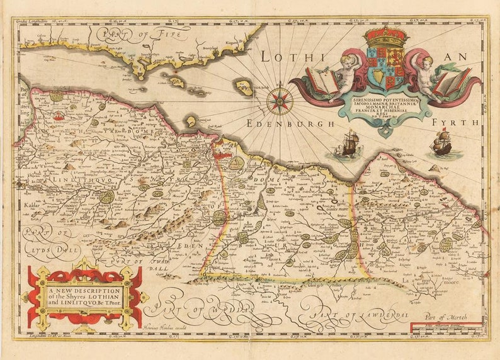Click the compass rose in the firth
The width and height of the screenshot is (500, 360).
tap(279, 101)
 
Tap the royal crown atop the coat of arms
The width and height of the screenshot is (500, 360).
tap(386, 37)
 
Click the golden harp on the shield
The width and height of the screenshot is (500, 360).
tap(377, 78)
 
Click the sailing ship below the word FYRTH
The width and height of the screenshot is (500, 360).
tap(441, 144)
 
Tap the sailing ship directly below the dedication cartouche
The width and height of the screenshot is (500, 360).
tap(350, 144)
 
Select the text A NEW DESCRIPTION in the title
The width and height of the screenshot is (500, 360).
tap(84, 291)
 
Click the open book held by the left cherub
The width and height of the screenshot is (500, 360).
tap(322, 81)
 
